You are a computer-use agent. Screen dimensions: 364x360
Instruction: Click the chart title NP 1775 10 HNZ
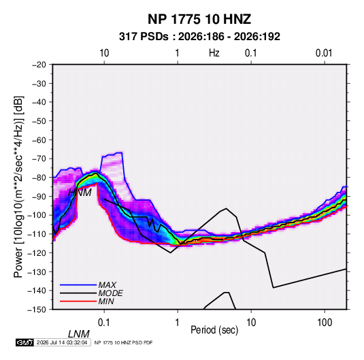(x=199, y=19)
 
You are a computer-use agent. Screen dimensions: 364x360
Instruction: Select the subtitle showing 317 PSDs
(x=199, y=37)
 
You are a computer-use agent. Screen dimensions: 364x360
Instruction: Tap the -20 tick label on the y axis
(x=39, y=65)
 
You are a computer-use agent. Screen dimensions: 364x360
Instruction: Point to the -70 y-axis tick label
(x=39, y=159)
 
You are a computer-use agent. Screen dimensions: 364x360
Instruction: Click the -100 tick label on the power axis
(x=37, y=215)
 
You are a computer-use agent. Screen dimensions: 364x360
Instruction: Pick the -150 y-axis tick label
(x=37, y=310)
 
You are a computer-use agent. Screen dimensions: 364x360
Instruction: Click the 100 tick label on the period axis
(x=325, y=323)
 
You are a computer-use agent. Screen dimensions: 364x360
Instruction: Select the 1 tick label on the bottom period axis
(x=178, y=323)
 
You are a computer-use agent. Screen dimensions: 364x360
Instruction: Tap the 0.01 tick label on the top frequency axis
(x=324, y=53)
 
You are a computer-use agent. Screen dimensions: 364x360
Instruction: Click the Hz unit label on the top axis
(x=214, y=53)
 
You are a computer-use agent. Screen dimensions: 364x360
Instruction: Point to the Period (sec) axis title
(x=214, y=330)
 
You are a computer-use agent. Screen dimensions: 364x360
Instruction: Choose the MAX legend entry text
(x=107, y=284)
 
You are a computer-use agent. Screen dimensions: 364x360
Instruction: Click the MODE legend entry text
(x=110, y=293)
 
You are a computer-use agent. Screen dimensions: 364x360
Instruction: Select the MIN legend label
(x=106, y=301)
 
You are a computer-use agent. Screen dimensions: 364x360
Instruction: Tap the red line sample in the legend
(x=78, y=301)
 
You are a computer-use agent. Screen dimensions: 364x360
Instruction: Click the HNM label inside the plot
(x=80, y=193)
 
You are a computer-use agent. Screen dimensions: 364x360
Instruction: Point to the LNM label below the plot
(x=79, y=334)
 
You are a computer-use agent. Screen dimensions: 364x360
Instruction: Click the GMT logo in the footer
(x=25, y=342)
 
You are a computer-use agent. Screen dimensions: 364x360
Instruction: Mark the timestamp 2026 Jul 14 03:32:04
(x=62, y=342)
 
